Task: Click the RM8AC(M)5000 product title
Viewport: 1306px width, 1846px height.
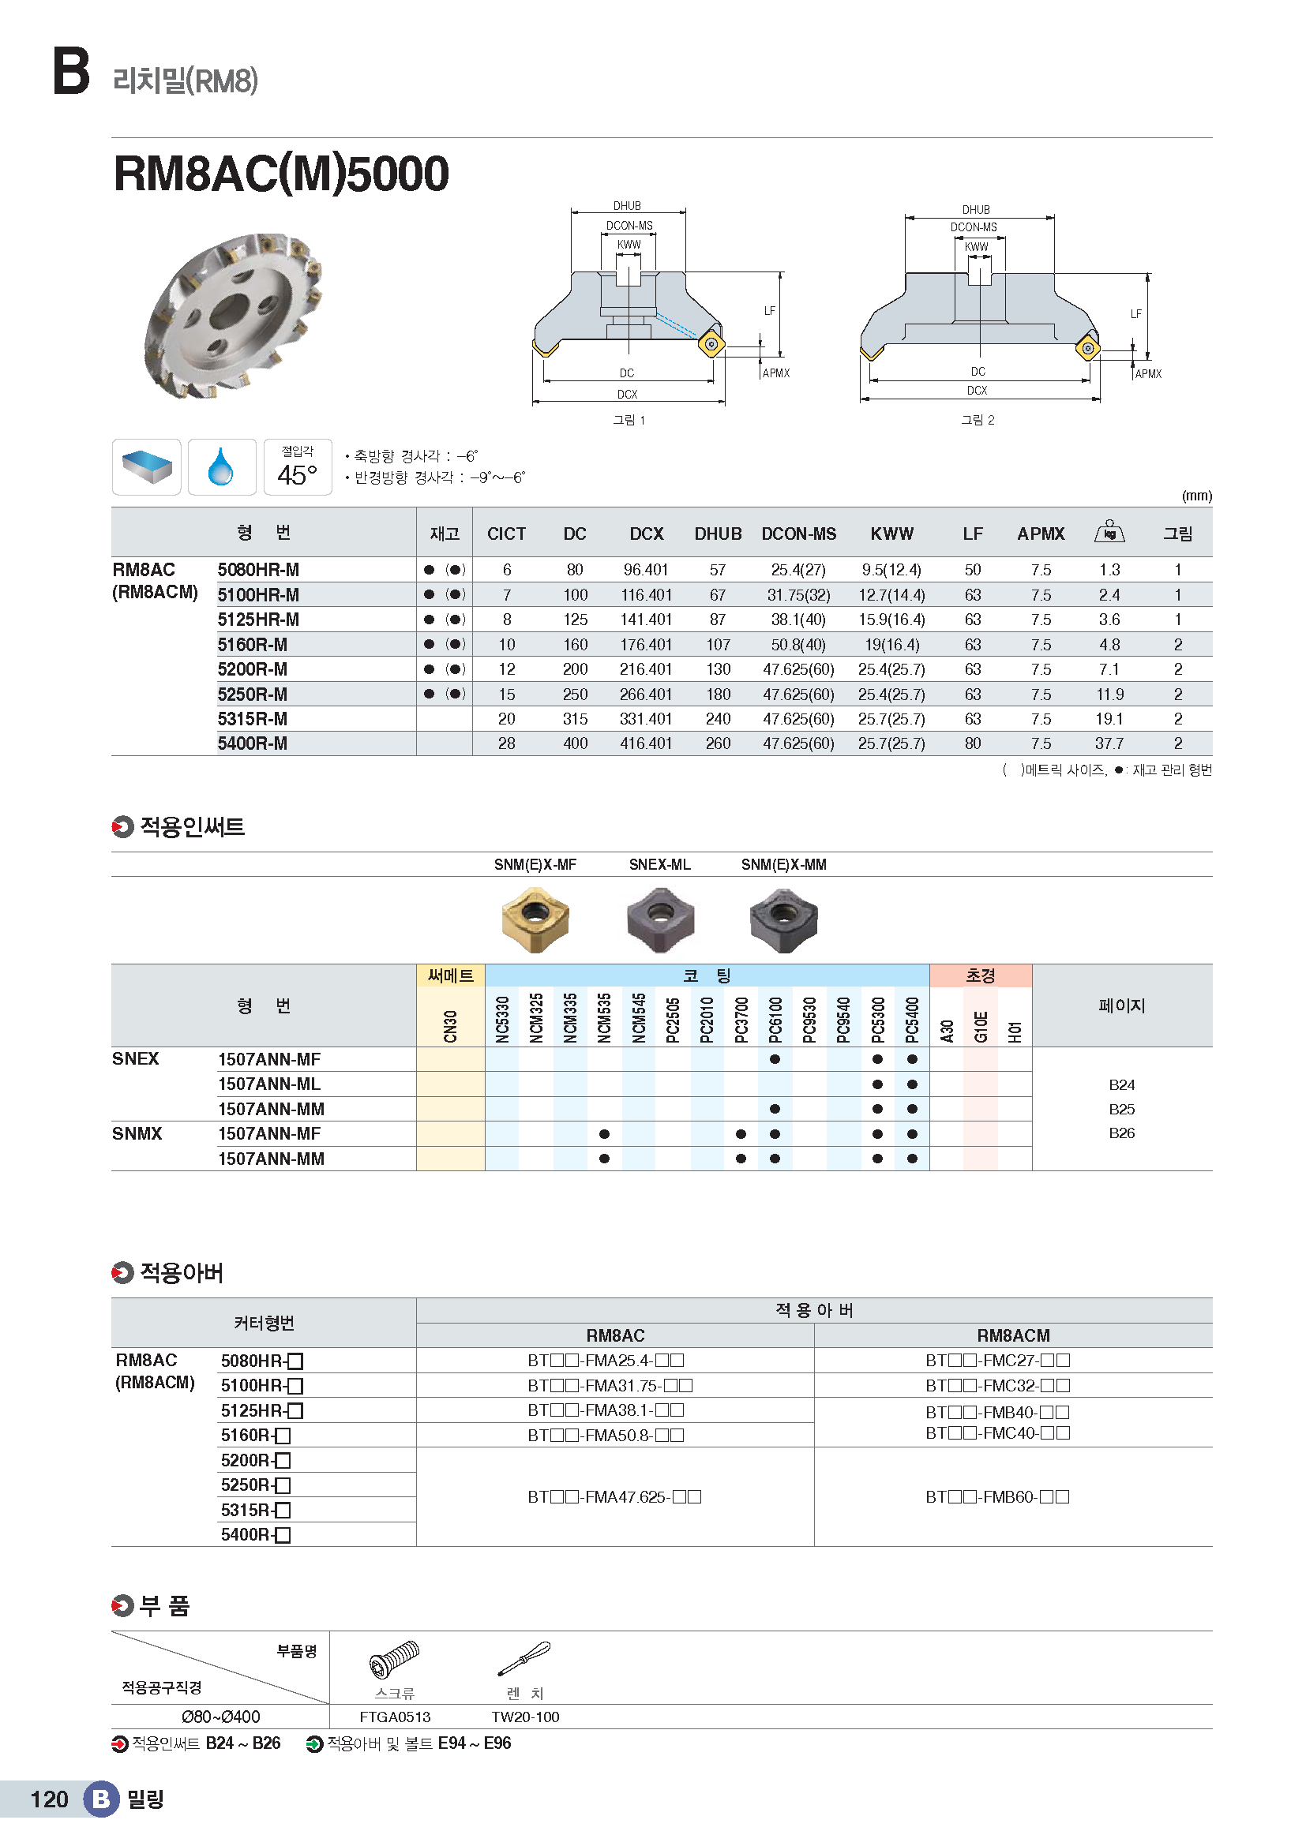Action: click(x=280, y=174)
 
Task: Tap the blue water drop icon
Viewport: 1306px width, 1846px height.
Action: click(x=221, y=467)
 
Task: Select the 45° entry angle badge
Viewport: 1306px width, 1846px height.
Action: click(x=298, y=467)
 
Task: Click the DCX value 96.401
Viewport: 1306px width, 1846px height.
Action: click(x=645, y=570)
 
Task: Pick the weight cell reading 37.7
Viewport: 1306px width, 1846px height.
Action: click(x=1109, y=743)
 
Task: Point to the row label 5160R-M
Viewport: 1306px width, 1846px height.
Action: click(x=252, y=645)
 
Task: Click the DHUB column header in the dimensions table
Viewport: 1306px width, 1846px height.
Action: click(x=717, y=534)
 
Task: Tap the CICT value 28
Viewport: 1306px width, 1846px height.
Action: click(x=507, y=743)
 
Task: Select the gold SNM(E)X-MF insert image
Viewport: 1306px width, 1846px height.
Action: click(x=535, y=919)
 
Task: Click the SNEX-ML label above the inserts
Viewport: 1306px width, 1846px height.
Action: click(x=659, y=864)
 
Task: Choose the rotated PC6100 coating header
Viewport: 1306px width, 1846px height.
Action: click(x=775, y=1020)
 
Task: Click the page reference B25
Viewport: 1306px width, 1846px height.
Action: click(x=1121, y=1110)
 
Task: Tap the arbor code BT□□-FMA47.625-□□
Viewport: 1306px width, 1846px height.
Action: click(x=614, y=1497)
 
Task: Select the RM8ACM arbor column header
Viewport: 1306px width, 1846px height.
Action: click(x=1012, y=1335)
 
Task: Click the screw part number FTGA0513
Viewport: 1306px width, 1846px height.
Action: click(x=395, y=1717)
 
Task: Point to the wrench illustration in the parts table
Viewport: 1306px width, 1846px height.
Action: click(x=524, y=1659)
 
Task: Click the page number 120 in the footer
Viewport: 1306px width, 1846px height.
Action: click(x=49, y=1799)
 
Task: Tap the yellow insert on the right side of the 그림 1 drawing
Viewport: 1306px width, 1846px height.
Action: click(x=711, y=344)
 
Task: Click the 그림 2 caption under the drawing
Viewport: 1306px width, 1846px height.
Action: click(x=977, y=420)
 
